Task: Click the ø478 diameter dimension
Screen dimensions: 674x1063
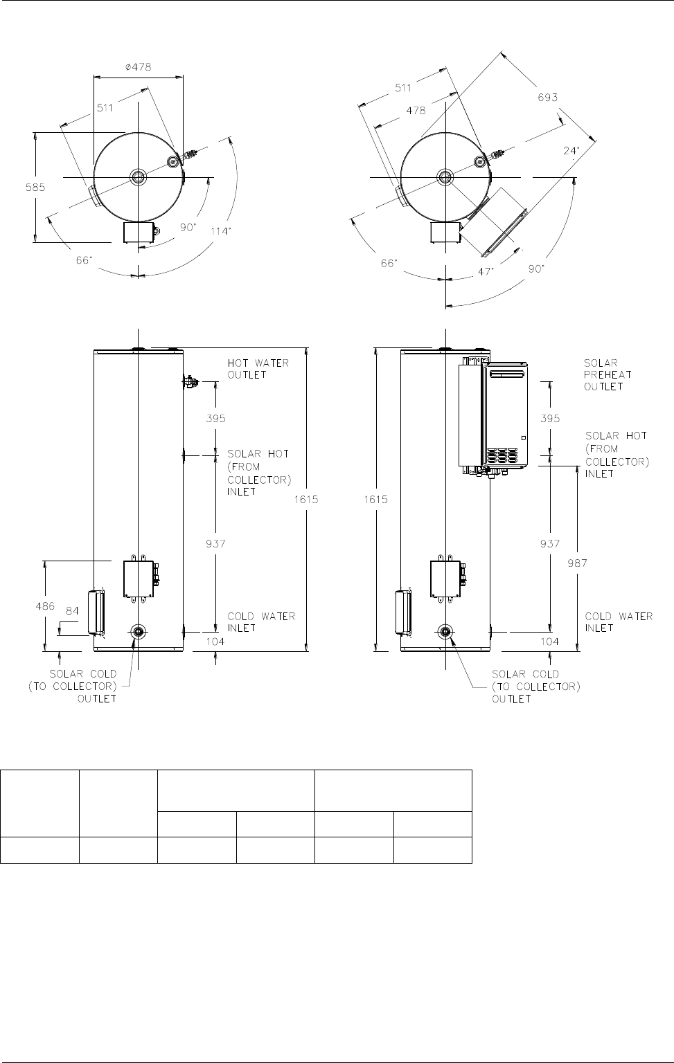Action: point(139,67)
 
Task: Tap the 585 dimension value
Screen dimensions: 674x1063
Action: point(35,188)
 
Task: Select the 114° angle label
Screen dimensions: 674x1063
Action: point(222,231)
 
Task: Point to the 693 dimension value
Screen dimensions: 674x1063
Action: point(547,98)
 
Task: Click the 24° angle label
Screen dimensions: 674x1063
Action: point(571,150)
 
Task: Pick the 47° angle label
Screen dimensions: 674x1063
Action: point(486,271)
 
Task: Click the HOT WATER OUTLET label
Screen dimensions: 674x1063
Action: point(258,369)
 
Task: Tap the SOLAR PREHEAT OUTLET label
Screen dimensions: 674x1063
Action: point(608,375)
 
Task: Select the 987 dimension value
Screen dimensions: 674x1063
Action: point(577,563)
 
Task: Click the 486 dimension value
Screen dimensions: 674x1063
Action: point(45,606)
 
